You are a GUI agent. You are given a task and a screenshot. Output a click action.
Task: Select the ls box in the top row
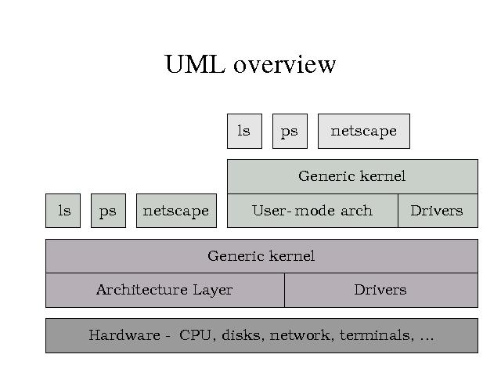point(244,131)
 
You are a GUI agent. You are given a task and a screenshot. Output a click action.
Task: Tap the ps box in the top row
point(290,131)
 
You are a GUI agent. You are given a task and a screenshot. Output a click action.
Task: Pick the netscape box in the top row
point(363,131)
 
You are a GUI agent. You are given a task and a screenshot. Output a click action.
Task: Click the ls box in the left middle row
point(63,211)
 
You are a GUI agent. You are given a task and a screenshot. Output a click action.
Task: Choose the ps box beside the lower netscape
point(108,211)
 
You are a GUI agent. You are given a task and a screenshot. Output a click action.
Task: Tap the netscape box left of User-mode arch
point(176,211)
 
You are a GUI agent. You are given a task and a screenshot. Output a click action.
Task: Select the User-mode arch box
point(312,211)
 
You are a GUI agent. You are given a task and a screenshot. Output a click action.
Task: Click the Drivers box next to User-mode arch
point(437,211)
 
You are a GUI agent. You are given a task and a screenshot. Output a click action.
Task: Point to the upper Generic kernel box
point(352,176)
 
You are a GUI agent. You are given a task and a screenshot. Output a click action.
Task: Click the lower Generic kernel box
point(261,256)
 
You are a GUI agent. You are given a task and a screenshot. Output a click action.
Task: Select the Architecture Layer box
point(164,290)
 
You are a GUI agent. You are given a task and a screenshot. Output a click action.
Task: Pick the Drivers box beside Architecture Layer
point(380,290)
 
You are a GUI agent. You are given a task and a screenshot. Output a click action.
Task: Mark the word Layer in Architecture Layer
point(212,290)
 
